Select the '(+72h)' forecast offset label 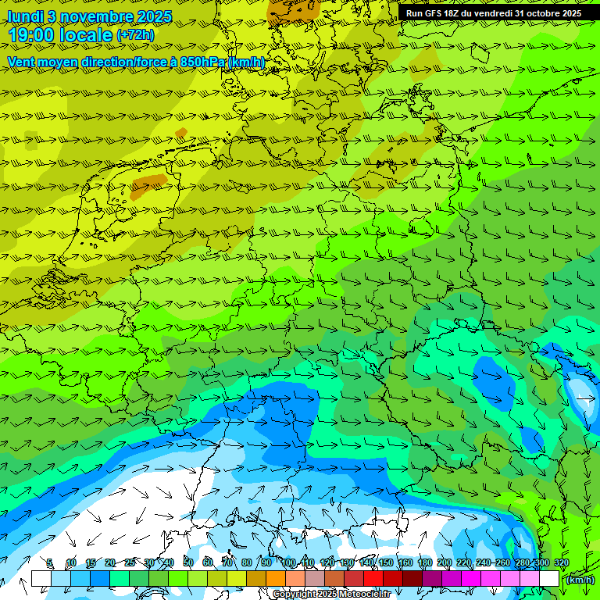[135, 35]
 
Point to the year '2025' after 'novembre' [154, 16]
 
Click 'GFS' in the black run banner [431, 13]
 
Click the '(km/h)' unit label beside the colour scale [579, 580]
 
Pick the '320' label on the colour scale [561, 563]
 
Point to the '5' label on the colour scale [50, 563]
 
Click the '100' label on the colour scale [289, 563]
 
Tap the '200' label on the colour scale [445, 563]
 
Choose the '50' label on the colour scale [188, 563]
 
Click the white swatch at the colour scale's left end [41, 578]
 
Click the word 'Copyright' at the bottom [294, 595]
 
